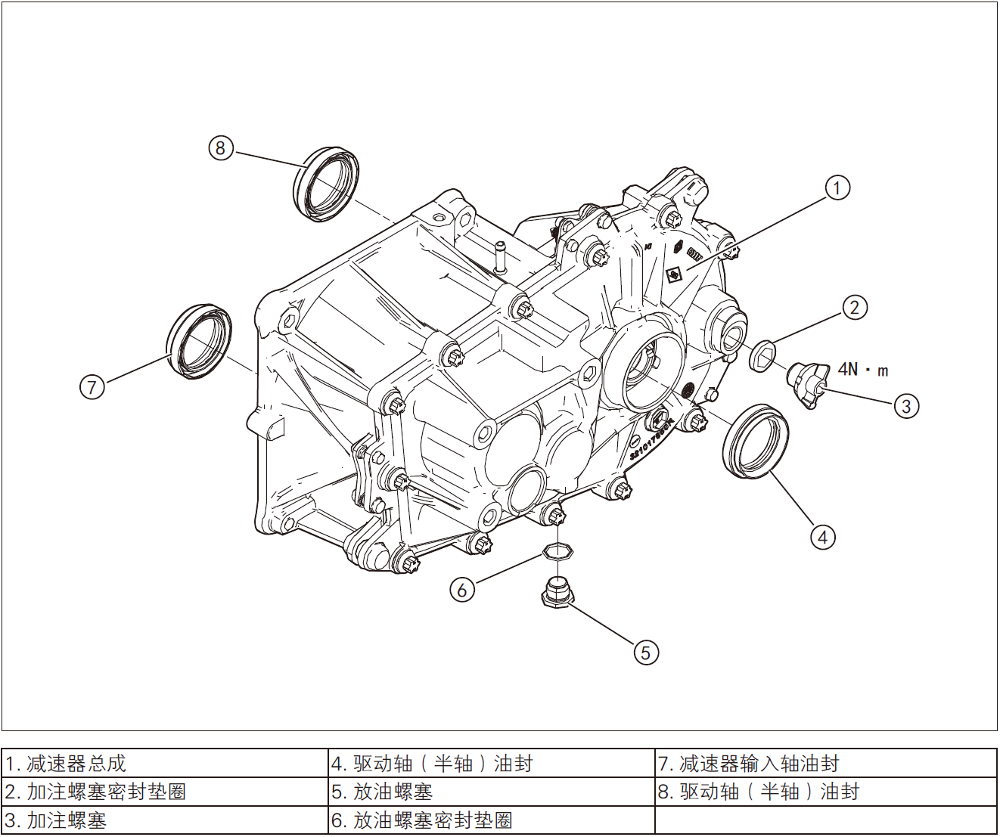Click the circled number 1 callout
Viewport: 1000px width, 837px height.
pos(837,188)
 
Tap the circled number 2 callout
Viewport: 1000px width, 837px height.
pos(855,308)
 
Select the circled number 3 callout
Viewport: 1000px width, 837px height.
pos(906,406)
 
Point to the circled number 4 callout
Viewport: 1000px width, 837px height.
pos(823,537)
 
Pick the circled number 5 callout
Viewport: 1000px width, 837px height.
pos(645,652)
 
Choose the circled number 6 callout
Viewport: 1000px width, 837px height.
pos(462,589)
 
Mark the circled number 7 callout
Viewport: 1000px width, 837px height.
pos(92,387)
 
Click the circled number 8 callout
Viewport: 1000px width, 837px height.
pos(220,147)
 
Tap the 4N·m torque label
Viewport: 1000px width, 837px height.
pos(863,370)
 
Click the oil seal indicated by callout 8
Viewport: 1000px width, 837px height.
pos(325,184)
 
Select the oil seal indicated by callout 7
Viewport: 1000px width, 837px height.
pos(200,341)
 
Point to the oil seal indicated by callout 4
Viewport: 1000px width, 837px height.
pos(755,442)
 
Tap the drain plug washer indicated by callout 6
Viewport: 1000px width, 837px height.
pos(557,551)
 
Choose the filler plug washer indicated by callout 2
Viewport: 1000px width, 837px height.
pos(762,355)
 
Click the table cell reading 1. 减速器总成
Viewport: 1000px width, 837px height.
pos(165,764)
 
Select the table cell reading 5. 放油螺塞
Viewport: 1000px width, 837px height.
pos(492,792)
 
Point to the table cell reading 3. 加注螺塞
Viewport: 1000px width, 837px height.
pos(165,820)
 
